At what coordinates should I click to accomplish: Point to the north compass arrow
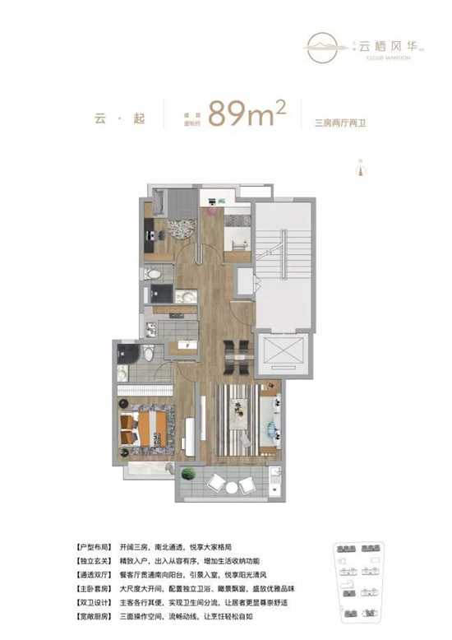(x=358, y=169)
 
